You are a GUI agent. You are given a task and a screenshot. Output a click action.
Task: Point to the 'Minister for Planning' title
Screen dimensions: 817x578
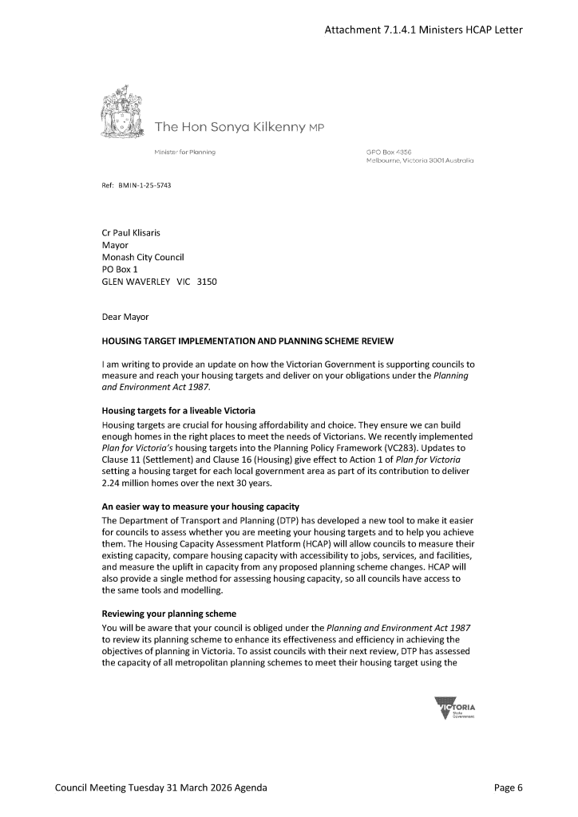click(x=184, y=151)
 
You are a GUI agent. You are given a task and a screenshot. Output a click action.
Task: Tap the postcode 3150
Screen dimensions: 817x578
click(x=206, y=282)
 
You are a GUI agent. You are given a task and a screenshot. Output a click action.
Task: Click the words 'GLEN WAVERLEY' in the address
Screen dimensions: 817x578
click(x=137, y=282)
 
